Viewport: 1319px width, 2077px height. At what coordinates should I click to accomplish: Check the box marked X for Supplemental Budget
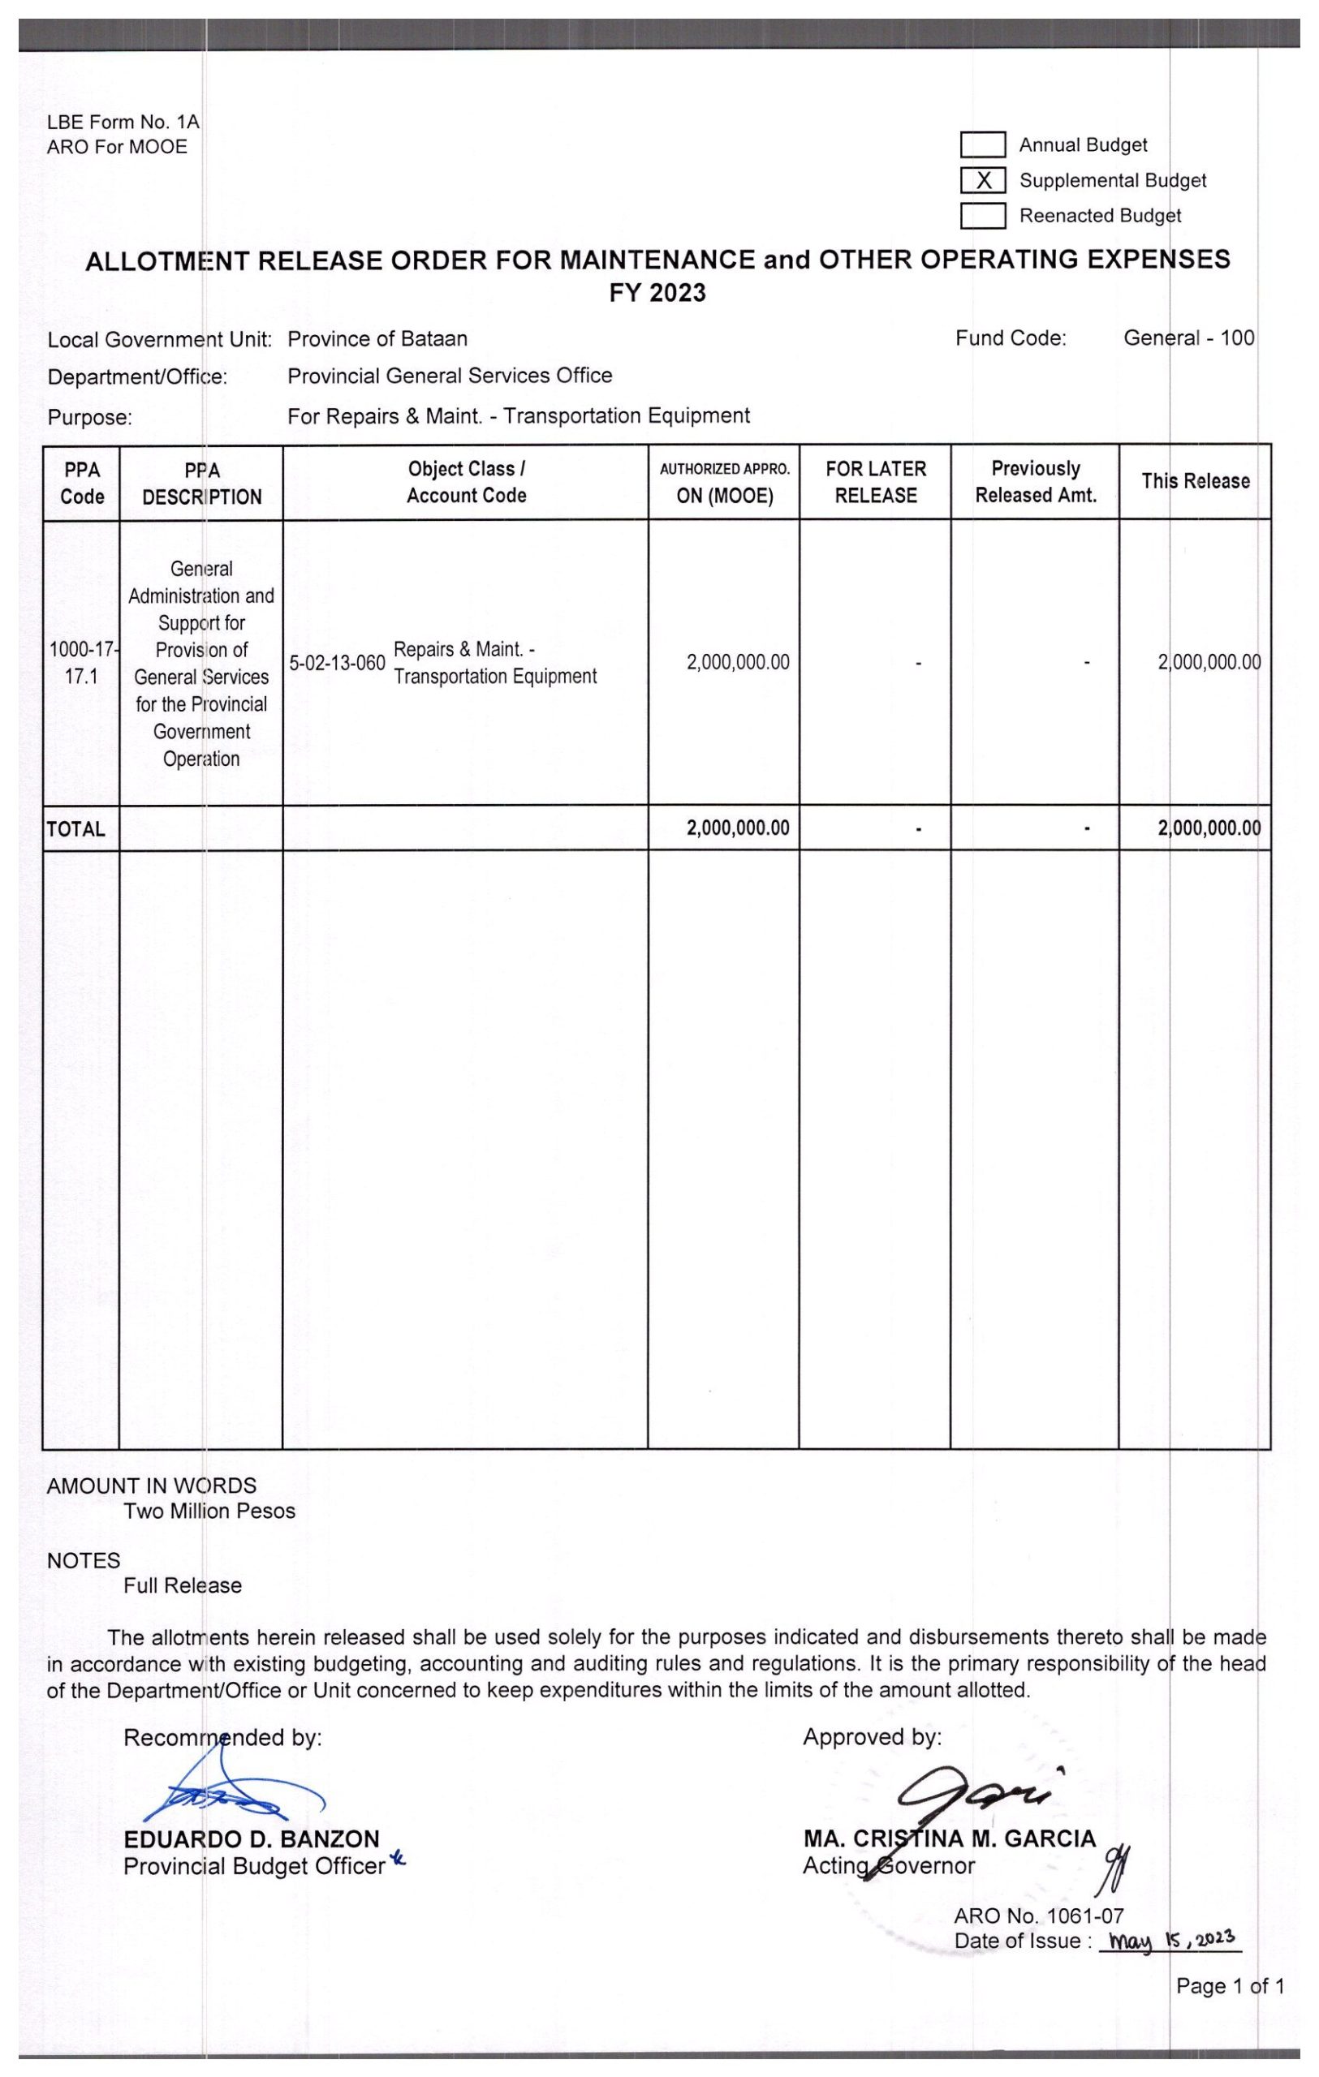tap(983, 180)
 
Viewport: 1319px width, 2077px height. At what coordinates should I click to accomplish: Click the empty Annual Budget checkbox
tap(983, 145)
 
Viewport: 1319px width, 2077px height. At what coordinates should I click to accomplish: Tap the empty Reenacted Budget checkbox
tap(983, 216)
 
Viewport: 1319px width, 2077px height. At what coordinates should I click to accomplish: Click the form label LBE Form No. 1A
tap(123, 123)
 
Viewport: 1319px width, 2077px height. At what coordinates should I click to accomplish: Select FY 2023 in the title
tap(657, 293)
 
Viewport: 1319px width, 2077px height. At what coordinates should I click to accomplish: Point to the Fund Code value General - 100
tap(1188, 338)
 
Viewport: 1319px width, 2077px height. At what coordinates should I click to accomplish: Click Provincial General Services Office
tap(450, 376)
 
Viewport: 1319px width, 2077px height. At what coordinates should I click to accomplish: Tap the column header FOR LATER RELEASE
tap(875, 481)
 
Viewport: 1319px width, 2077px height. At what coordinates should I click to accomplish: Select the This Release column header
tap(1195, 481)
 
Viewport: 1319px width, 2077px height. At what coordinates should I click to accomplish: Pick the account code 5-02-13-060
tap(336, 664)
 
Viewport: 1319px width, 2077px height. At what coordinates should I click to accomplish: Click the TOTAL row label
tap(76, 829)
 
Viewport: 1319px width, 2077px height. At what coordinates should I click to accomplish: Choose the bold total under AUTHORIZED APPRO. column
tap(738, 828)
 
